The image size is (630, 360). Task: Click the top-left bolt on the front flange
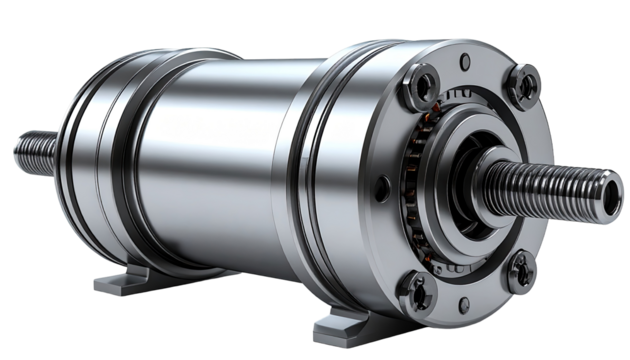click(422, 79)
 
